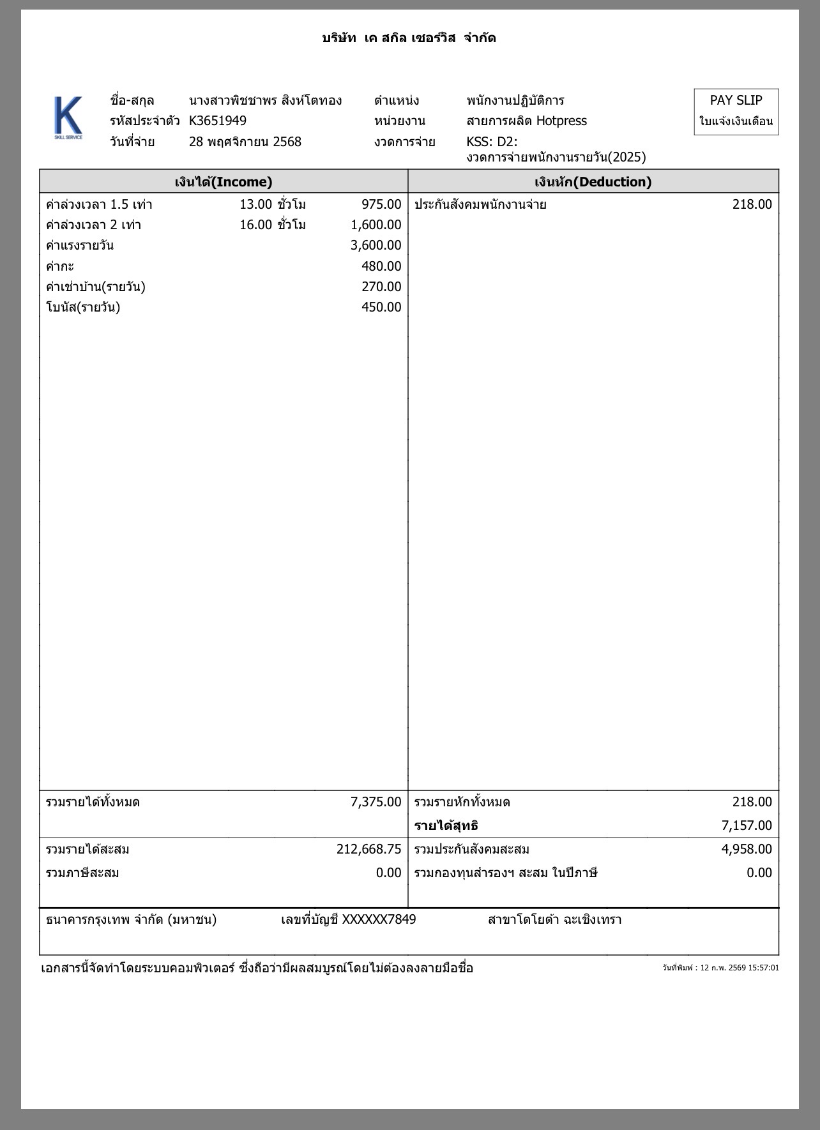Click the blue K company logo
click(68, 117)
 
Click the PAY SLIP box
click(736, 111)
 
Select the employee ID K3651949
click(218, 121)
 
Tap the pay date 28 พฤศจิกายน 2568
click(245, 142)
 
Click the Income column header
click(224, 182)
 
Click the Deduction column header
click(593, 182)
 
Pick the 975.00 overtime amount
click(381, 204)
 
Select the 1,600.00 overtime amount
click(376, 225)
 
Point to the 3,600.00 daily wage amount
click(376, 245)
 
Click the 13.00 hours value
click(256, 204)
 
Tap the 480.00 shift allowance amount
click(381, 266)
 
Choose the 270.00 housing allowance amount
click(381, 287)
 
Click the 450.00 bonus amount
click(381, 307)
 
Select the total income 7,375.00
click(376, 802)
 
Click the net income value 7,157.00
click(747, 825)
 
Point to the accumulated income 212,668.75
click(369, 849)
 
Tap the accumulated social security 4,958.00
click(747, 849)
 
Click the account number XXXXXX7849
click(379, 919)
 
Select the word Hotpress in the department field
click(561, 121)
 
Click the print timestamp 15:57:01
click(764, 968)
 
